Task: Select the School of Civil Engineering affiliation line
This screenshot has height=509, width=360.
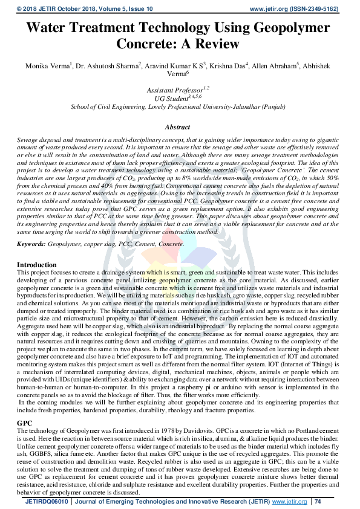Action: click(x=180, y=106)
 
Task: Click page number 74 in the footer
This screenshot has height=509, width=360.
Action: click(x=318, y=502)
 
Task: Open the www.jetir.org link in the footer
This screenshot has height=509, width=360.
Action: click(x=288, y=502)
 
